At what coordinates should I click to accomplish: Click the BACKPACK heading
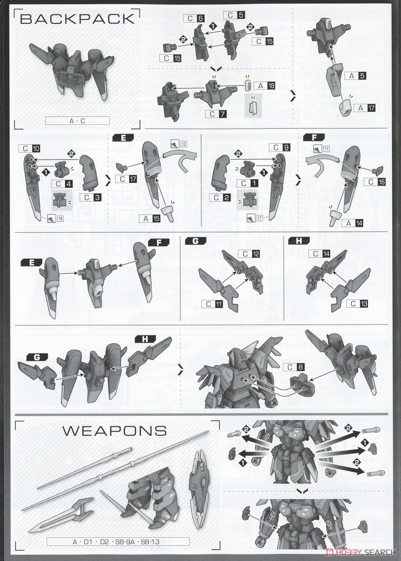[x=77, y=19]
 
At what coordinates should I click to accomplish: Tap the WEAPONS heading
[x=114, y=430]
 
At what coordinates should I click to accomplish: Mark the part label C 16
[x=377, y=182]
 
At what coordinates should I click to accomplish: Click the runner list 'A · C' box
[x=77, y=121]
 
